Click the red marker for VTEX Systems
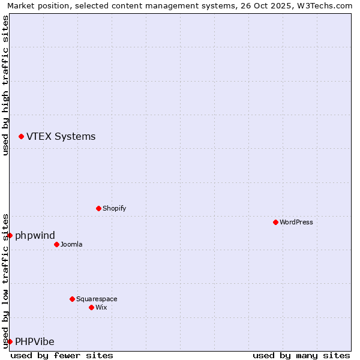point(21,137)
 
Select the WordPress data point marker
point(275,222)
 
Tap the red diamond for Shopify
point(98,208)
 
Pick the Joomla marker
point(56,244)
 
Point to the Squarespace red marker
point(72,299)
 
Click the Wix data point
point(91,307)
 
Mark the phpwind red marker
point(10,235)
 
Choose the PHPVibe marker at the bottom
point(10,341)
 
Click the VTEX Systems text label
point(61,137)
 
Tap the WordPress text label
point(296,222)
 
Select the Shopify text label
point(114,208)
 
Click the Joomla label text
point(71,244)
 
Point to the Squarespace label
point(97,299)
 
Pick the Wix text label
point(101,307)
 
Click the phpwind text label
point(35,235)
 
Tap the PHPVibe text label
point(35,342)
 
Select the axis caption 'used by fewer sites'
point(62,355)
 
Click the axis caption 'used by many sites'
point(301,355)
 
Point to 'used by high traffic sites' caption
point(5,85)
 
